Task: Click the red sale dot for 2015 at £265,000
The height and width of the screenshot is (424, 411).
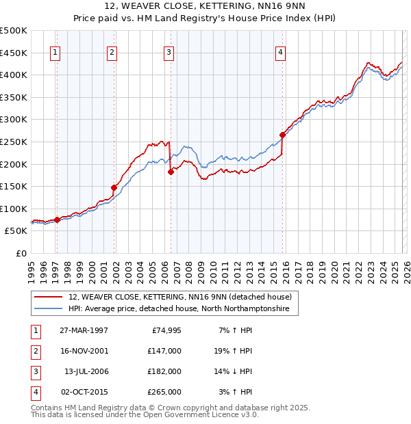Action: pos(282,135)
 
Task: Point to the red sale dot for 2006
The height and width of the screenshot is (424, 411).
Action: pos(171,172)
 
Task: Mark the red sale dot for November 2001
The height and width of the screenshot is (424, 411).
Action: pos(114,187)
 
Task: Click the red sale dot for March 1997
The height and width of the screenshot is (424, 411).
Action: pos(58,220)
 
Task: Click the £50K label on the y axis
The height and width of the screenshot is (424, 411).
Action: pos(16,231)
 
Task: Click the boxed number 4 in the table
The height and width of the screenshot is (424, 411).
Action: pos(35,393)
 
